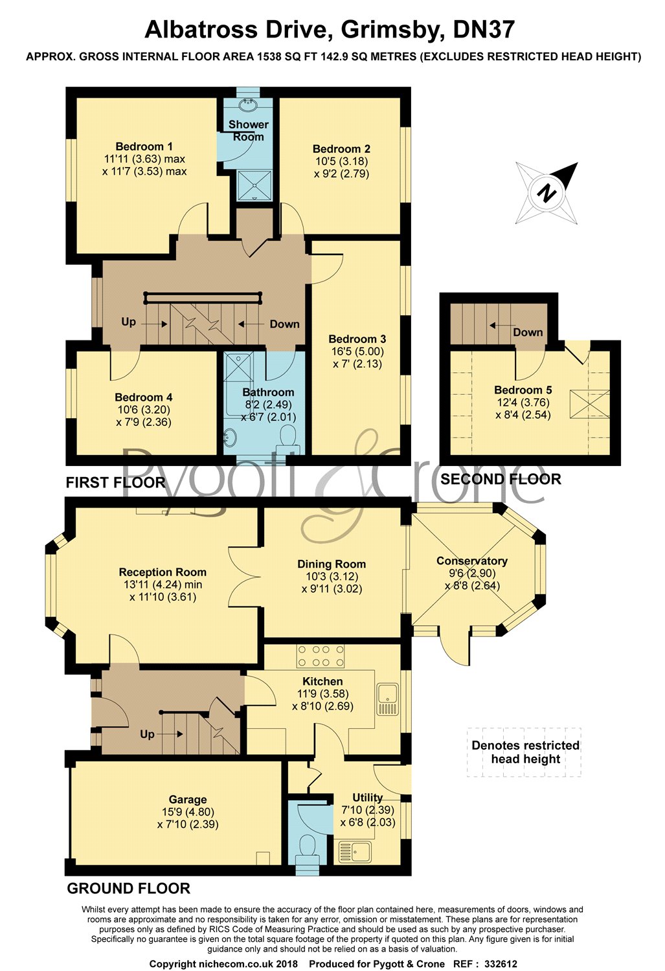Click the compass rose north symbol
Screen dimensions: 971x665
(548, 193)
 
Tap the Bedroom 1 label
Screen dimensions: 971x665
(144, 147)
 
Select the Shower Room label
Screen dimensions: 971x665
(248, 130)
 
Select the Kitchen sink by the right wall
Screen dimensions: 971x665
(388, 700)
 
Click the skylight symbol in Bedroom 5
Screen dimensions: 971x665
(589, 405)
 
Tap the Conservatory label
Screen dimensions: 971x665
(471, 561)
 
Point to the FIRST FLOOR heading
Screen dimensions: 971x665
(115, 482)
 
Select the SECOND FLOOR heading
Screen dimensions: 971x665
(500, 479)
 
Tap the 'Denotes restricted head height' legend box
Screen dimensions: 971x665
(524, 752)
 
